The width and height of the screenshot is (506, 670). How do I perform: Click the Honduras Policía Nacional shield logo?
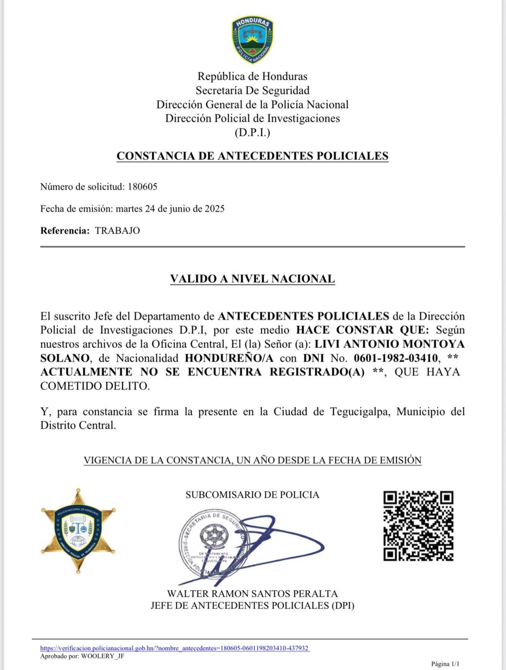(252, 40)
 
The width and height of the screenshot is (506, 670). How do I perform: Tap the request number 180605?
(142, 187)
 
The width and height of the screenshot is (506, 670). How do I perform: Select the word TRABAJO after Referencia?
(117, 231)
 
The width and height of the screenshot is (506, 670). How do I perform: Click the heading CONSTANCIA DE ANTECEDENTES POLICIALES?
(252, 156)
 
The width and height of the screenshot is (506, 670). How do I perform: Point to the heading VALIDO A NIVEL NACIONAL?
(252, 279)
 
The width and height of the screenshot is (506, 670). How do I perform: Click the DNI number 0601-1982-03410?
(396, 358)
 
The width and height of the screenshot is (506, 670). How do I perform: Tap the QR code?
(418, 526)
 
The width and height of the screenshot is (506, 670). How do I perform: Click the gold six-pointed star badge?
(78, 531)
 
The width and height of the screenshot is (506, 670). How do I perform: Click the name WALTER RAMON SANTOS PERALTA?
(252, 594)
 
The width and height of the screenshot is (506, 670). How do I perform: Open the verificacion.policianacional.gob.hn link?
(175, 648)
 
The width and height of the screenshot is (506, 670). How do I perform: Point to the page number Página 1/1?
(445, 664)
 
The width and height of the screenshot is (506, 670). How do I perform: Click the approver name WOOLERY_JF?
(103, 656)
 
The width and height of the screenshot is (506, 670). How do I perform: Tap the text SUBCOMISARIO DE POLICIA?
(252, 495)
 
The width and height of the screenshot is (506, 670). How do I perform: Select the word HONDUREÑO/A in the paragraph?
(229, 358)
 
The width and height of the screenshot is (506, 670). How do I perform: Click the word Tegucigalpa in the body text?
(360, 412)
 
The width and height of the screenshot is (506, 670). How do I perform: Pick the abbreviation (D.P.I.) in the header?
(252, 133)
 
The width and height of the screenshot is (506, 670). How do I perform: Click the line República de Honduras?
(252, 76)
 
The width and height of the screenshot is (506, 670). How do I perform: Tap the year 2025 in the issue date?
(214, 209)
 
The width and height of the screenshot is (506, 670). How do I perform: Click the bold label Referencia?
(65, 231)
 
